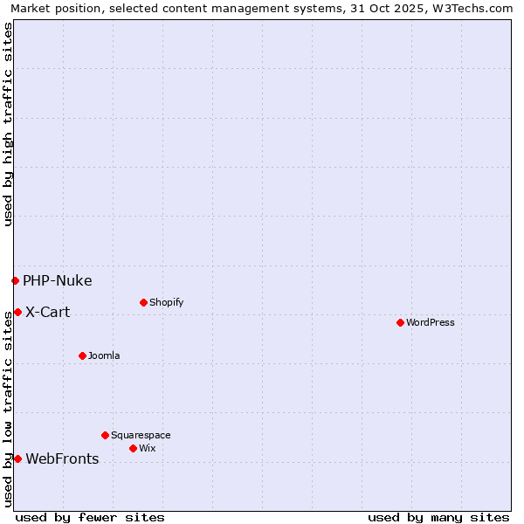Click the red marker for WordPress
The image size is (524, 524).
400,322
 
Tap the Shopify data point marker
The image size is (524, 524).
143,302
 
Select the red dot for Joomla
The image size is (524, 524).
82,355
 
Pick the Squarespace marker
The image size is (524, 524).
105,435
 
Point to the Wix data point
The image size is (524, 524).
133,448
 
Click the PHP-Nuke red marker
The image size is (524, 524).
15,280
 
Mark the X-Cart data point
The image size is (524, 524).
17,312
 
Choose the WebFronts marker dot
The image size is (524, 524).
17,458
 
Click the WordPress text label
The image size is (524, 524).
431,322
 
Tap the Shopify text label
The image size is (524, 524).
166,302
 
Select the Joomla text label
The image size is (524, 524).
104,355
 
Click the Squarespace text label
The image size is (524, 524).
141,435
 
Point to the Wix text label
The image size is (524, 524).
147,448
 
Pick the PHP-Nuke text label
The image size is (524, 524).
57,280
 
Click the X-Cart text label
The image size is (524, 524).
47,312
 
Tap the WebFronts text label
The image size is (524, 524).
62,458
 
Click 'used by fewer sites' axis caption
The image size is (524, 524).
90,517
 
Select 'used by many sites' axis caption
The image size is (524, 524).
438,517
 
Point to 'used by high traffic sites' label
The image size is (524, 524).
8,124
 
